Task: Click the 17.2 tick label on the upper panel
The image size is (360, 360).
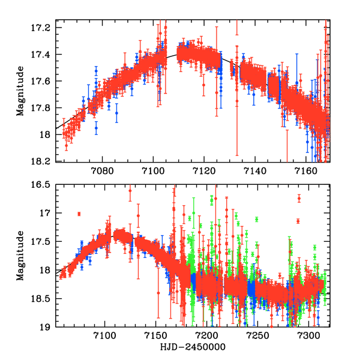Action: pos(46,28)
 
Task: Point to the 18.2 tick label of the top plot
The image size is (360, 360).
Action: pos(46,161)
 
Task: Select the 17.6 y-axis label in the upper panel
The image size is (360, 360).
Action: pos(46,82)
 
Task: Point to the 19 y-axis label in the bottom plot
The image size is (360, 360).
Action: pos(50,327)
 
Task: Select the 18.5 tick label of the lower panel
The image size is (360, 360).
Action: pos(46,299)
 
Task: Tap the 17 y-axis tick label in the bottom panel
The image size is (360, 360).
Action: pos(50,213)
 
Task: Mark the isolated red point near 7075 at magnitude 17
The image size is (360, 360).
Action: pos(79,214)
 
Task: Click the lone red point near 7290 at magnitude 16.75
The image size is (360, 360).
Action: pos(299,198)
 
